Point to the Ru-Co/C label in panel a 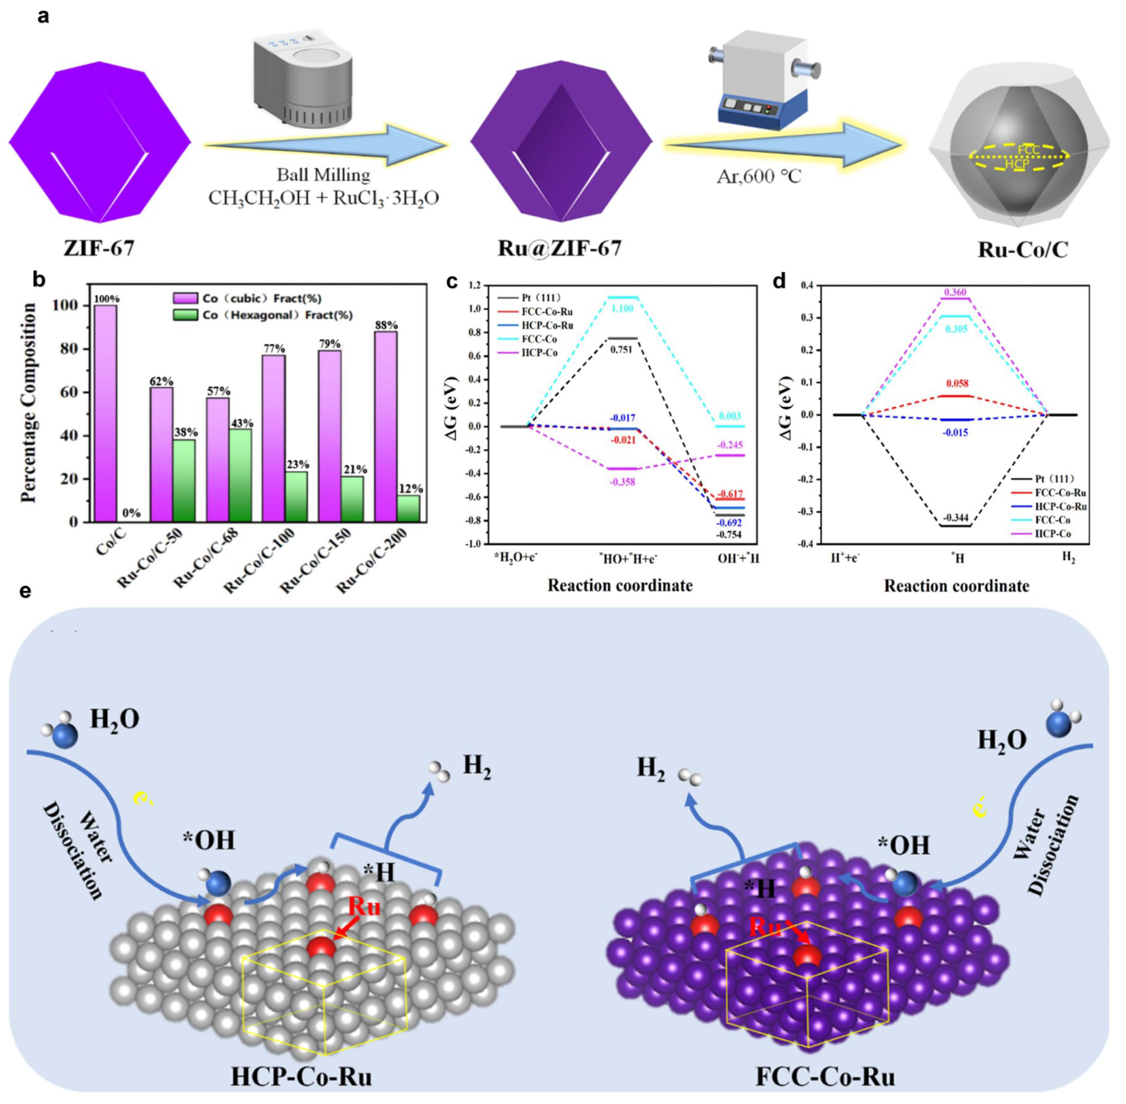click(x=1022, y=249)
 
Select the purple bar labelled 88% click(x=386, y=426)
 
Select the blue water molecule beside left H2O click(x=65, y=735)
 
